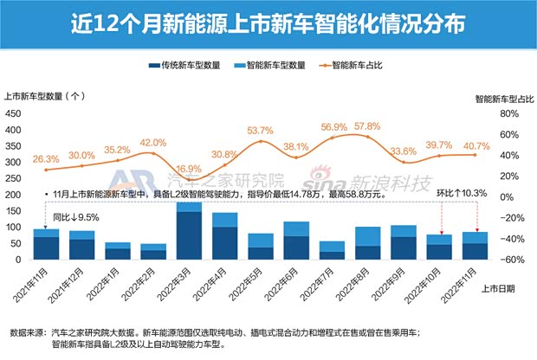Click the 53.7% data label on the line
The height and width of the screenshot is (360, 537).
(260, 131)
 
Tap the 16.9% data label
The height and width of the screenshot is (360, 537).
(188, 169)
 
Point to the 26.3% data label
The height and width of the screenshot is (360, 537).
(46, 159)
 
